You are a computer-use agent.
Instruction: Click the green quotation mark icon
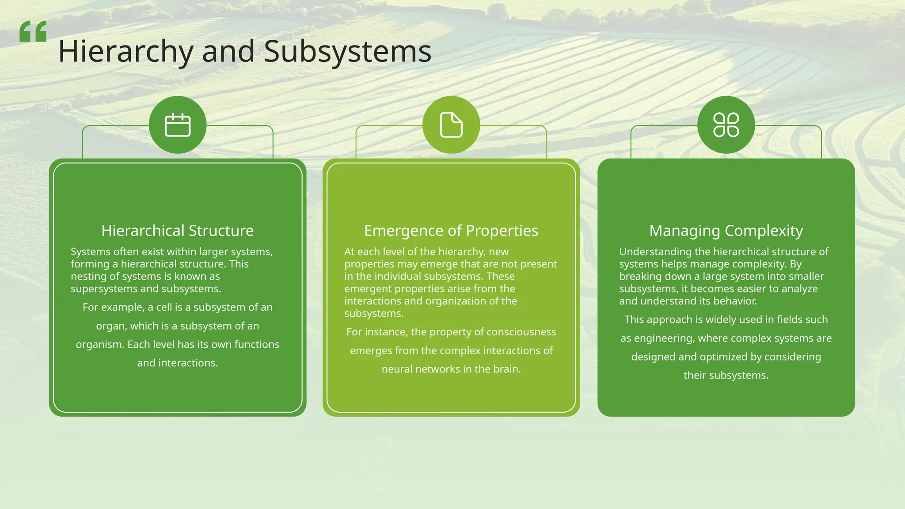pyautogui.click(x=33, y=31)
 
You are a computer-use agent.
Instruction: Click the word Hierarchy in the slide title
pyautogui.click(x=125, y=52)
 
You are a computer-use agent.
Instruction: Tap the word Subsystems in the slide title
pyautogui.click(x=347, y=52)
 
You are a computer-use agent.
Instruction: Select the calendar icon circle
pyautogui.click(x=178, y=125)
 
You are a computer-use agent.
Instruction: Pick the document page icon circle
pyautogui.click(x=451, y=125)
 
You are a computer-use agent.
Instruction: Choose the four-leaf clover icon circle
pyautogui.click(x=726, y=125)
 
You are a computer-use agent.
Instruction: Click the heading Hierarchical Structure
pyautogui.click(x=178, y=231)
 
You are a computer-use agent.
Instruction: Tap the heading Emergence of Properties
pyautogui.click(x=451, y=231)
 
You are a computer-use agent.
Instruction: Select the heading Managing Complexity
pyautogui.click(x=726, y=231)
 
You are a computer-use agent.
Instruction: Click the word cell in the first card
pyautogui.click(x=163, y=308)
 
